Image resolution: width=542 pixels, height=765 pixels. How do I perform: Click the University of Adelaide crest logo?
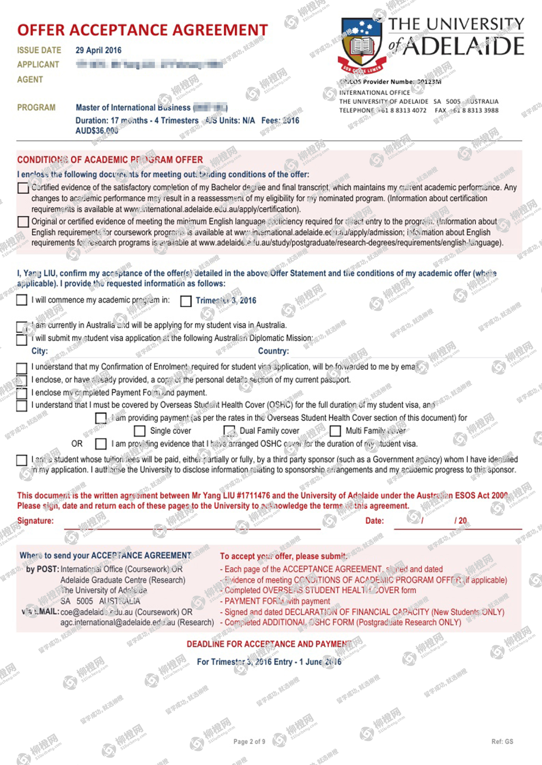click(362, 44)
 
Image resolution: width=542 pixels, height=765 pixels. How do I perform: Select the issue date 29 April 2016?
click(98, 50)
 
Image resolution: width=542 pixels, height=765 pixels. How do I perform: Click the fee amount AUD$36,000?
click(97, 131)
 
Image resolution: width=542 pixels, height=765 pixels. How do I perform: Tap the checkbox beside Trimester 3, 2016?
click(186, 301)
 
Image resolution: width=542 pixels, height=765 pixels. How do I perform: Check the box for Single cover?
click(139, 431)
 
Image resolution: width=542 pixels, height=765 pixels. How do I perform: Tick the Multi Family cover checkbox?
click(335, 431)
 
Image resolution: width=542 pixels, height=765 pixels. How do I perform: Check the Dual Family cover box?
click(229, 431)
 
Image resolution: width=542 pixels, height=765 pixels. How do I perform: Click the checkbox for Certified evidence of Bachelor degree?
click(23, 188)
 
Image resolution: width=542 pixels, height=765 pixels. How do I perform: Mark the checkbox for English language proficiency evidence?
click(23, 222)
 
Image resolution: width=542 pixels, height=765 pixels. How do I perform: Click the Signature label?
click(35, 521)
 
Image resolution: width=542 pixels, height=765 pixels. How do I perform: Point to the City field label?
click(39, 351)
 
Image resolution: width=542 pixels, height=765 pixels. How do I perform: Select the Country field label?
click(273, 351)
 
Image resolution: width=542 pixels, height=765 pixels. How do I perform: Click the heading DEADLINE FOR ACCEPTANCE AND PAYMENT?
click(269, 644)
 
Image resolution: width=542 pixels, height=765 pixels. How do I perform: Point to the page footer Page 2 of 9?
click(249, 741)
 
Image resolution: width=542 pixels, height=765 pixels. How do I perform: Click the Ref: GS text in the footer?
click(502, 741)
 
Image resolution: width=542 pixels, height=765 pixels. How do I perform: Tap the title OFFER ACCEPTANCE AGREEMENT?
click(142, 30)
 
